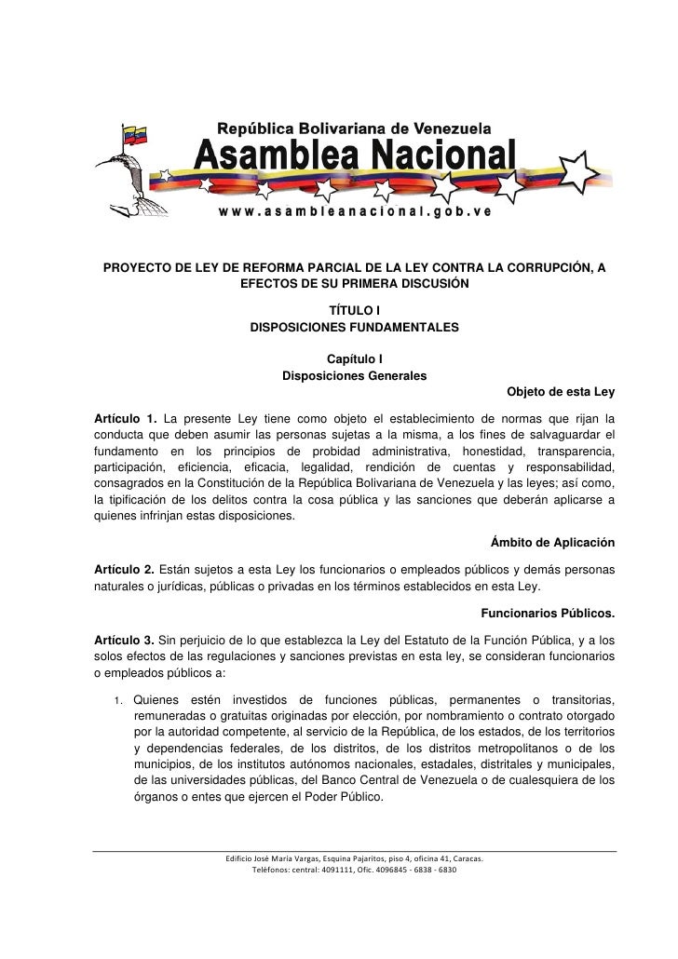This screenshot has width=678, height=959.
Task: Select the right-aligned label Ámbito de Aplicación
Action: tap(551, 544)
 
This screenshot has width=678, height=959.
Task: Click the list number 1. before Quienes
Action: tap(120, 700)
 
